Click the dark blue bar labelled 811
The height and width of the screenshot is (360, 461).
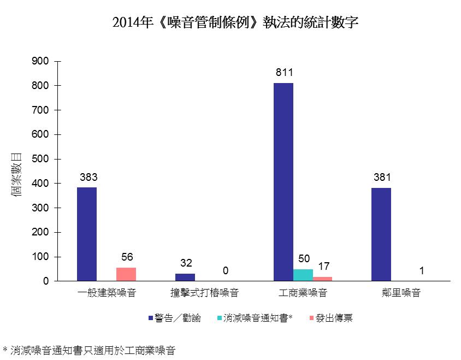[283, 182]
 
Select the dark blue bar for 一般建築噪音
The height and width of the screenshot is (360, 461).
[87, 234]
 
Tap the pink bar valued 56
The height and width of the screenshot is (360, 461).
[126, 274]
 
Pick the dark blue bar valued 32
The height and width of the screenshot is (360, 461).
[185, 277]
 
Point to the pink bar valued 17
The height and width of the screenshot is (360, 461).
[322, 279]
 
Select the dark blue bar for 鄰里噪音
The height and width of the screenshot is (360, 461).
[381, 234]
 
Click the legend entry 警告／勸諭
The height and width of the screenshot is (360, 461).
[174, 318]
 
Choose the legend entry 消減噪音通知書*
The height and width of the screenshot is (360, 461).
[255, 318]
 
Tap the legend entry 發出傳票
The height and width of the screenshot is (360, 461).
[331, 318]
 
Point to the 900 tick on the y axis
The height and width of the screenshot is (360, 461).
[43, 61]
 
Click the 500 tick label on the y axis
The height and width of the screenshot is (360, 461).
[43, 159]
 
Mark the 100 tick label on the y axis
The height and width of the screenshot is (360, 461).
[43, 257]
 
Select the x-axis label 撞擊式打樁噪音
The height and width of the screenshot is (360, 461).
[204, 293]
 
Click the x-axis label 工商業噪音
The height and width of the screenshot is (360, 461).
[303, 293]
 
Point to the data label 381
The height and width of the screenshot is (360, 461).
[382, 178]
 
